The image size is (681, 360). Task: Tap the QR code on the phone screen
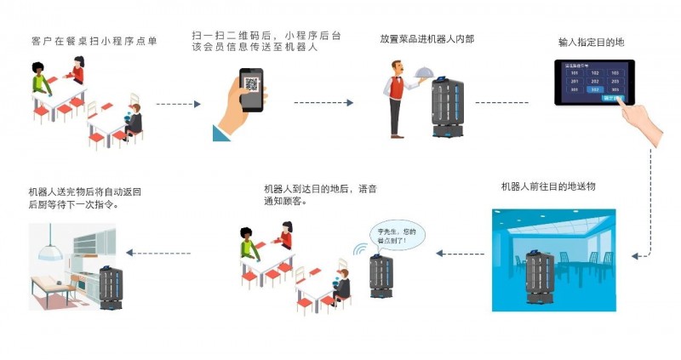(251, 84)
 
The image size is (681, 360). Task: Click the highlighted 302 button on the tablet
(596, 89)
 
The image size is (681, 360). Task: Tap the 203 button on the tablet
(615, 82)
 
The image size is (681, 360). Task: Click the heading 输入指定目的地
(591, 40)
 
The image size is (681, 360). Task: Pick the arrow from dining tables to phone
(178, 103)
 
